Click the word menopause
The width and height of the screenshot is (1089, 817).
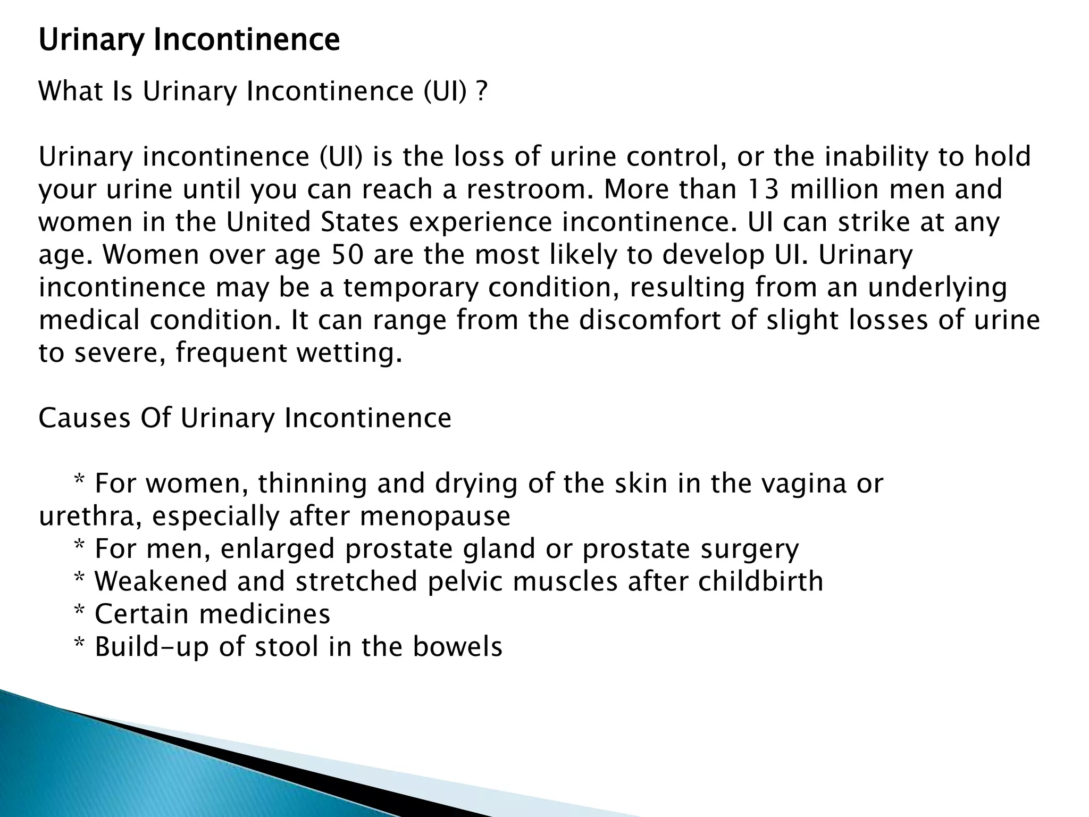435,516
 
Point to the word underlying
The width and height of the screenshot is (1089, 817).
937,288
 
